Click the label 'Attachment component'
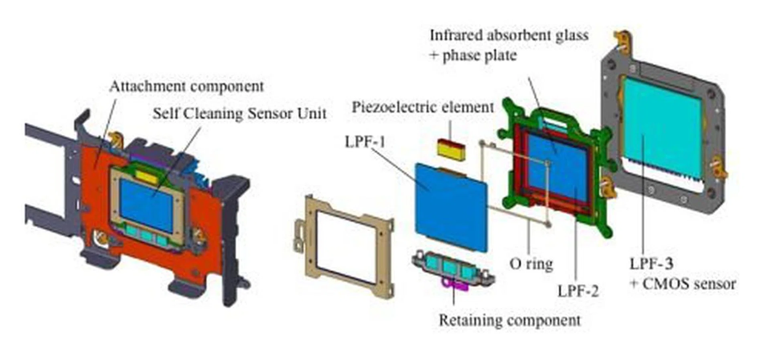click(x=186, y=87)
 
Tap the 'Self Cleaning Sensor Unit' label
click(x=239, y=113)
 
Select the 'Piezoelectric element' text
click(x=423, y=107)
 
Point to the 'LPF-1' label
click(x=365, y=142)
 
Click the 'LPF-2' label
click(x=578, y=291)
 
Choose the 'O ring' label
click(x=531, y=264)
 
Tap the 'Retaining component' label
click(x=509, y=320)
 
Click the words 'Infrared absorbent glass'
click(x=509, y=35)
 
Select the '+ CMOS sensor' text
click(x=683, y=284)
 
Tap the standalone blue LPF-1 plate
click(x=451, y=206)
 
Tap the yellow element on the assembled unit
click(x=146, y=177)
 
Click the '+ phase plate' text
click(x=473, y=55)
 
